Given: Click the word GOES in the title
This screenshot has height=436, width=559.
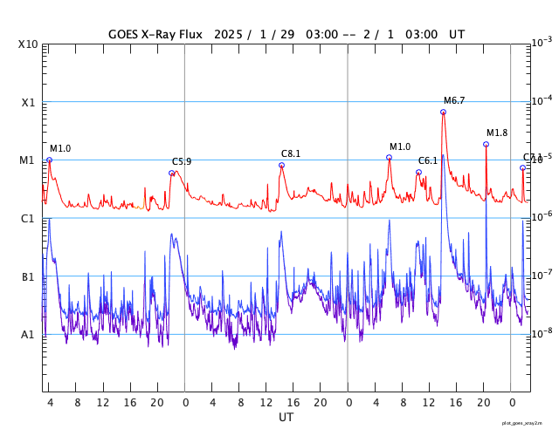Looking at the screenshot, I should pos(126,34).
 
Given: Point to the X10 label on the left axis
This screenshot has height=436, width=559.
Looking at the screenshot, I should pos(29,44).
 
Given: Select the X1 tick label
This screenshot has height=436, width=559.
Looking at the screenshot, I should pos(29,102).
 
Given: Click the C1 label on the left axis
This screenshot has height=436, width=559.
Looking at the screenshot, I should pos(29,218).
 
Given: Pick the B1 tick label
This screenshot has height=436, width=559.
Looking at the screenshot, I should pos(29,276).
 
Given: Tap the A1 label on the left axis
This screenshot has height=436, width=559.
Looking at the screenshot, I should pos(29,334).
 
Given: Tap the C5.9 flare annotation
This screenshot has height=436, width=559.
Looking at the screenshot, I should pos(182,162).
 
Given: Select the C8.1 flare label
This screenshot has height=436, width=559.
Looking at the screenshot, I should pos(291,154).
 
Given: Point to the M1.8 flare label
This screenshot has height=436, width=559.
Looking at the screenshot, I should pos(497,133).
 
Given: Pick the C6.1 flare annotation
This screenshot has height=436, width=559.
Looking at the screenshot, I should pos(428,161).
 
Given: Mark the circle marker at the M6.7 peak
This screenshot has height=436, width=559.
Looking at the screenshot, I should pos(443,112).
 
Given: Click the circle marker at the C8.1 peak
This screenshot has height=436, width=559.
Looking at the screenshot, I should pos(281,165).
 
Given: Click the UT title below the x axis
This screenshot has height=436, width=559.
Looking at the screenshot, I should pos(286,418).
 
